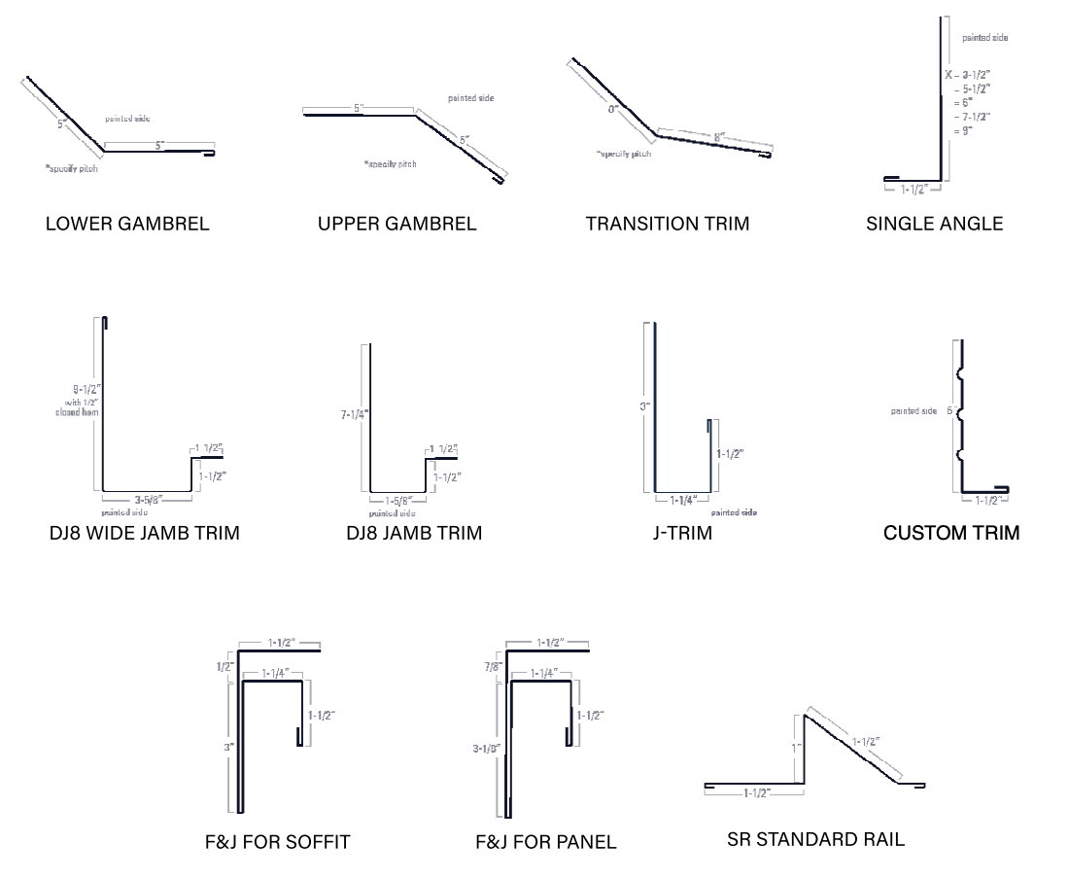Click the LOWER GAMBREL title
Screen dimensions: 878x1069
127,224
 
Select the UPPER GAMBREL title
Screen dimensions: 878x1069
397,224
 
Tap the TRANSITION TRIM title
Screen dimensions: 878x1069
668,224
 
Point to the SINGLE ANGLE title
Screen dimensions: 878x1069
935,224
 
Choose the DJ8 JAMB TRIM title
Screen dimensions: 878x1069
414,533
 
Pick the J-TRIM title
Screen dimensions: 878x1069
683,533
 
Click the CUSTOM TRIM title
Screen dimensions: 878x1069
951,533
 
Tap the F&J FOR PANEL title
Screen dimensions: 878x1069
546,842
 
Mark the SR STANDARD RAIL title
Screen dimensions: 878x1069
815,839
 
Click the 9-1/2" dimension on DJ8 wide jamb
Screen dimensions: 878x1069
80,388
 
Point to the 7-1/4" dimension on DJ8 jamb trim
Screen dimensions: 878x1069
354,414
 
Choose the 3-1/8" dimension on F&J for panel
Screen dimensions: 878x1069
486,749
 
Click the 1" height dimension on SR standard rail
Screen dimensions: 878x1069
794,748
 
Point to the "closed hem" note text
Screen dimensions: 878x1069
77,412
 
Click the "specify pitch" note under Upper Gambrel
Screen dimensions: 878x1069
390,164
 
